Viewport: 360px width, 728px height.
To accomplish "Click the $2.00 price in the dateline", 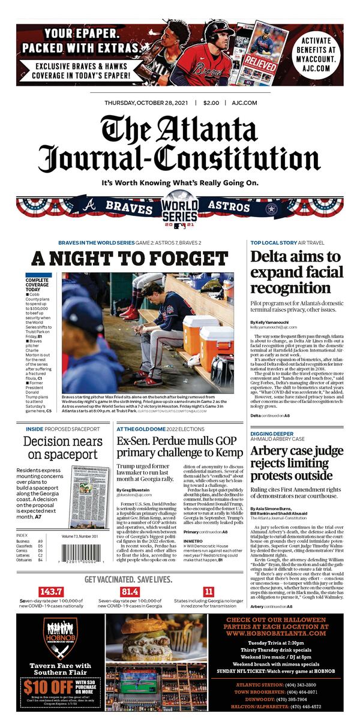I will tap(211, 103).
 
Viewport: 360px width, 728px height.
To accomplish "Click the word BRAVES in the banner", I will tap(129, 207).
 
